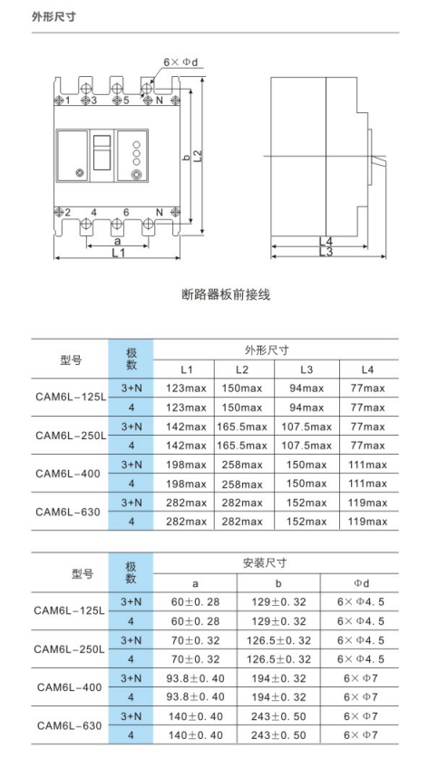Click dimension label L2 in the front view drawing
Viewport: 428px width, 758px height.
(x=197, y=155)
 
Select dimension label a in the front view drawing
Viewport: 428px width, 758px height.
(x=117, y=242)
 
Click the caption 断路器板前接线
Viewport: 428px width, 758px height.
(x=226, y=294)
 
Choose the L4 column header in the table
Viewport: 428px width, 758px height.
(x=366, y=369)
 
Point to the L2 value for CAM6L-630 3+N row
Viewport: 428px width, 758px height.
(x=242, y=503)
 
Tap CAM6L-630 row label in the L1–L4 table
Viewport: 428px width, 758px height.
(x=71, y=512)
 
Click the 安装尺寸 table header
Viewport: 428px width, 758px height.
(x=265, y=562)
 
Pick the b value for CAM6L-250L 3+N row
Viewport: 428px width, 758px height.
(x=279, y=640)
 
